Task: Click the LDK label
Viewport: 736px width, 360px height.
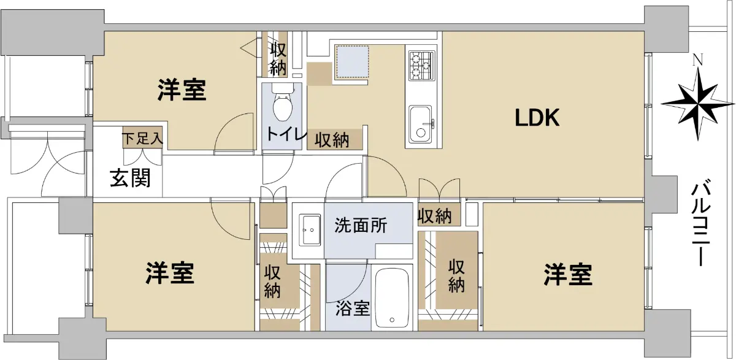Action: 537,118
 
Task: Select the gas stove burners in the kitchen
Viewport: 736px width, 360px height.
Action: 422,66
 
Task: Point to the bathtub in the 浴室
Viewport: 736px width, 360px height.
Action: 392,298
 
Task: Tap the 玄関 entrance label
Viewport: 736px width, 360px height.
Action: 130,178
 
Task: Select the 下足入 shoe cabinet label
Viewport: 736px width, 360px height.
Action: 143,139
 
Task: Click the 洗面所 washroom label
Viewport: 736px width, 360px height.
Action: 361,225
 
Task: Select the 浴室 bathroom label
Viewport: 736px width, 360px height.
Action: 353,308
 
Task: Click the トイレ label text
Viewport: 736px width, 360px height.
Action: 286,134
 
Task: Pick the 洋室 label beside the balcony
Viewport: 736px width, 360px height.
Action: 568,275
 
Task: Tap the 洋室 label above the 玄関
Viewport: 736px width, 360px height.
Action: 182,90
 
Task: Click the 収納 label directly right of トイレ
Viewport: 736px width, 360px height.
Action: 332,140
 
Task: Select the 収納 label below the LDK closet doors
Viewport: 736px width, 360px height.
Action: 435,216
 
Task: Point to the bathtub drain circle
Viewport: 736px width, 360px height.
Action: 392,320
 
